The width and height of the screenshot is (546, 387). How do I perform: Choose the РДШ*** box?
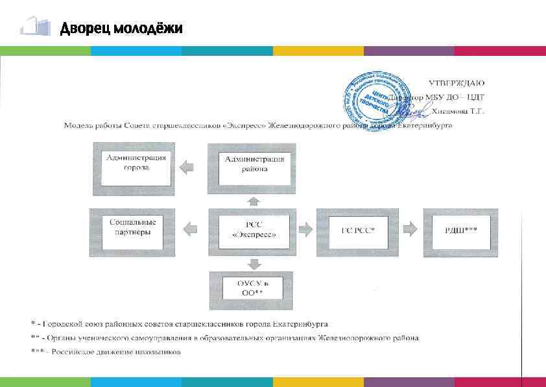461,229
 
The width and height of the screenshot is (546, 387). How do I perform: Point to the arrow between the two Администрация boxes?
186,167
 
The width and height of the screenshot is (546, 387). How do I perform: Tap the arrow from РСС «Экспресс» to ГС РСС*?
305,229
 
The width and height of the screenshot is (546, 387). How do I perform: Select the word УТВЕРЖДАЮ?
457,83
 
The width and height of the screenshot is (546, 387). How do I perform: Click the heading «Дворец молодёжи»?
121,29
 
